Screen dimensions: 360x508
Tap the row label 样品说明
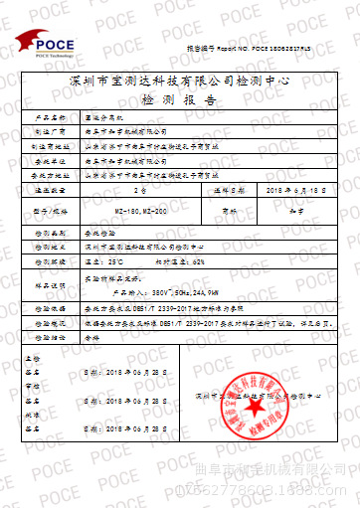pyautogui.click(x=50, y=284)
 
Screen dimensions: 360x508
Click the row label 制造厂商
pyautogui.click(x=50, y=129)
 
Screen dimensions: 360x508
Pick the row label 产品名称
pyautogui.click(x=50, y=116)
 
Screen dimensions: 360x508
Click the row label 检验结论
pyautogui.click(x=50, y=336)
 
